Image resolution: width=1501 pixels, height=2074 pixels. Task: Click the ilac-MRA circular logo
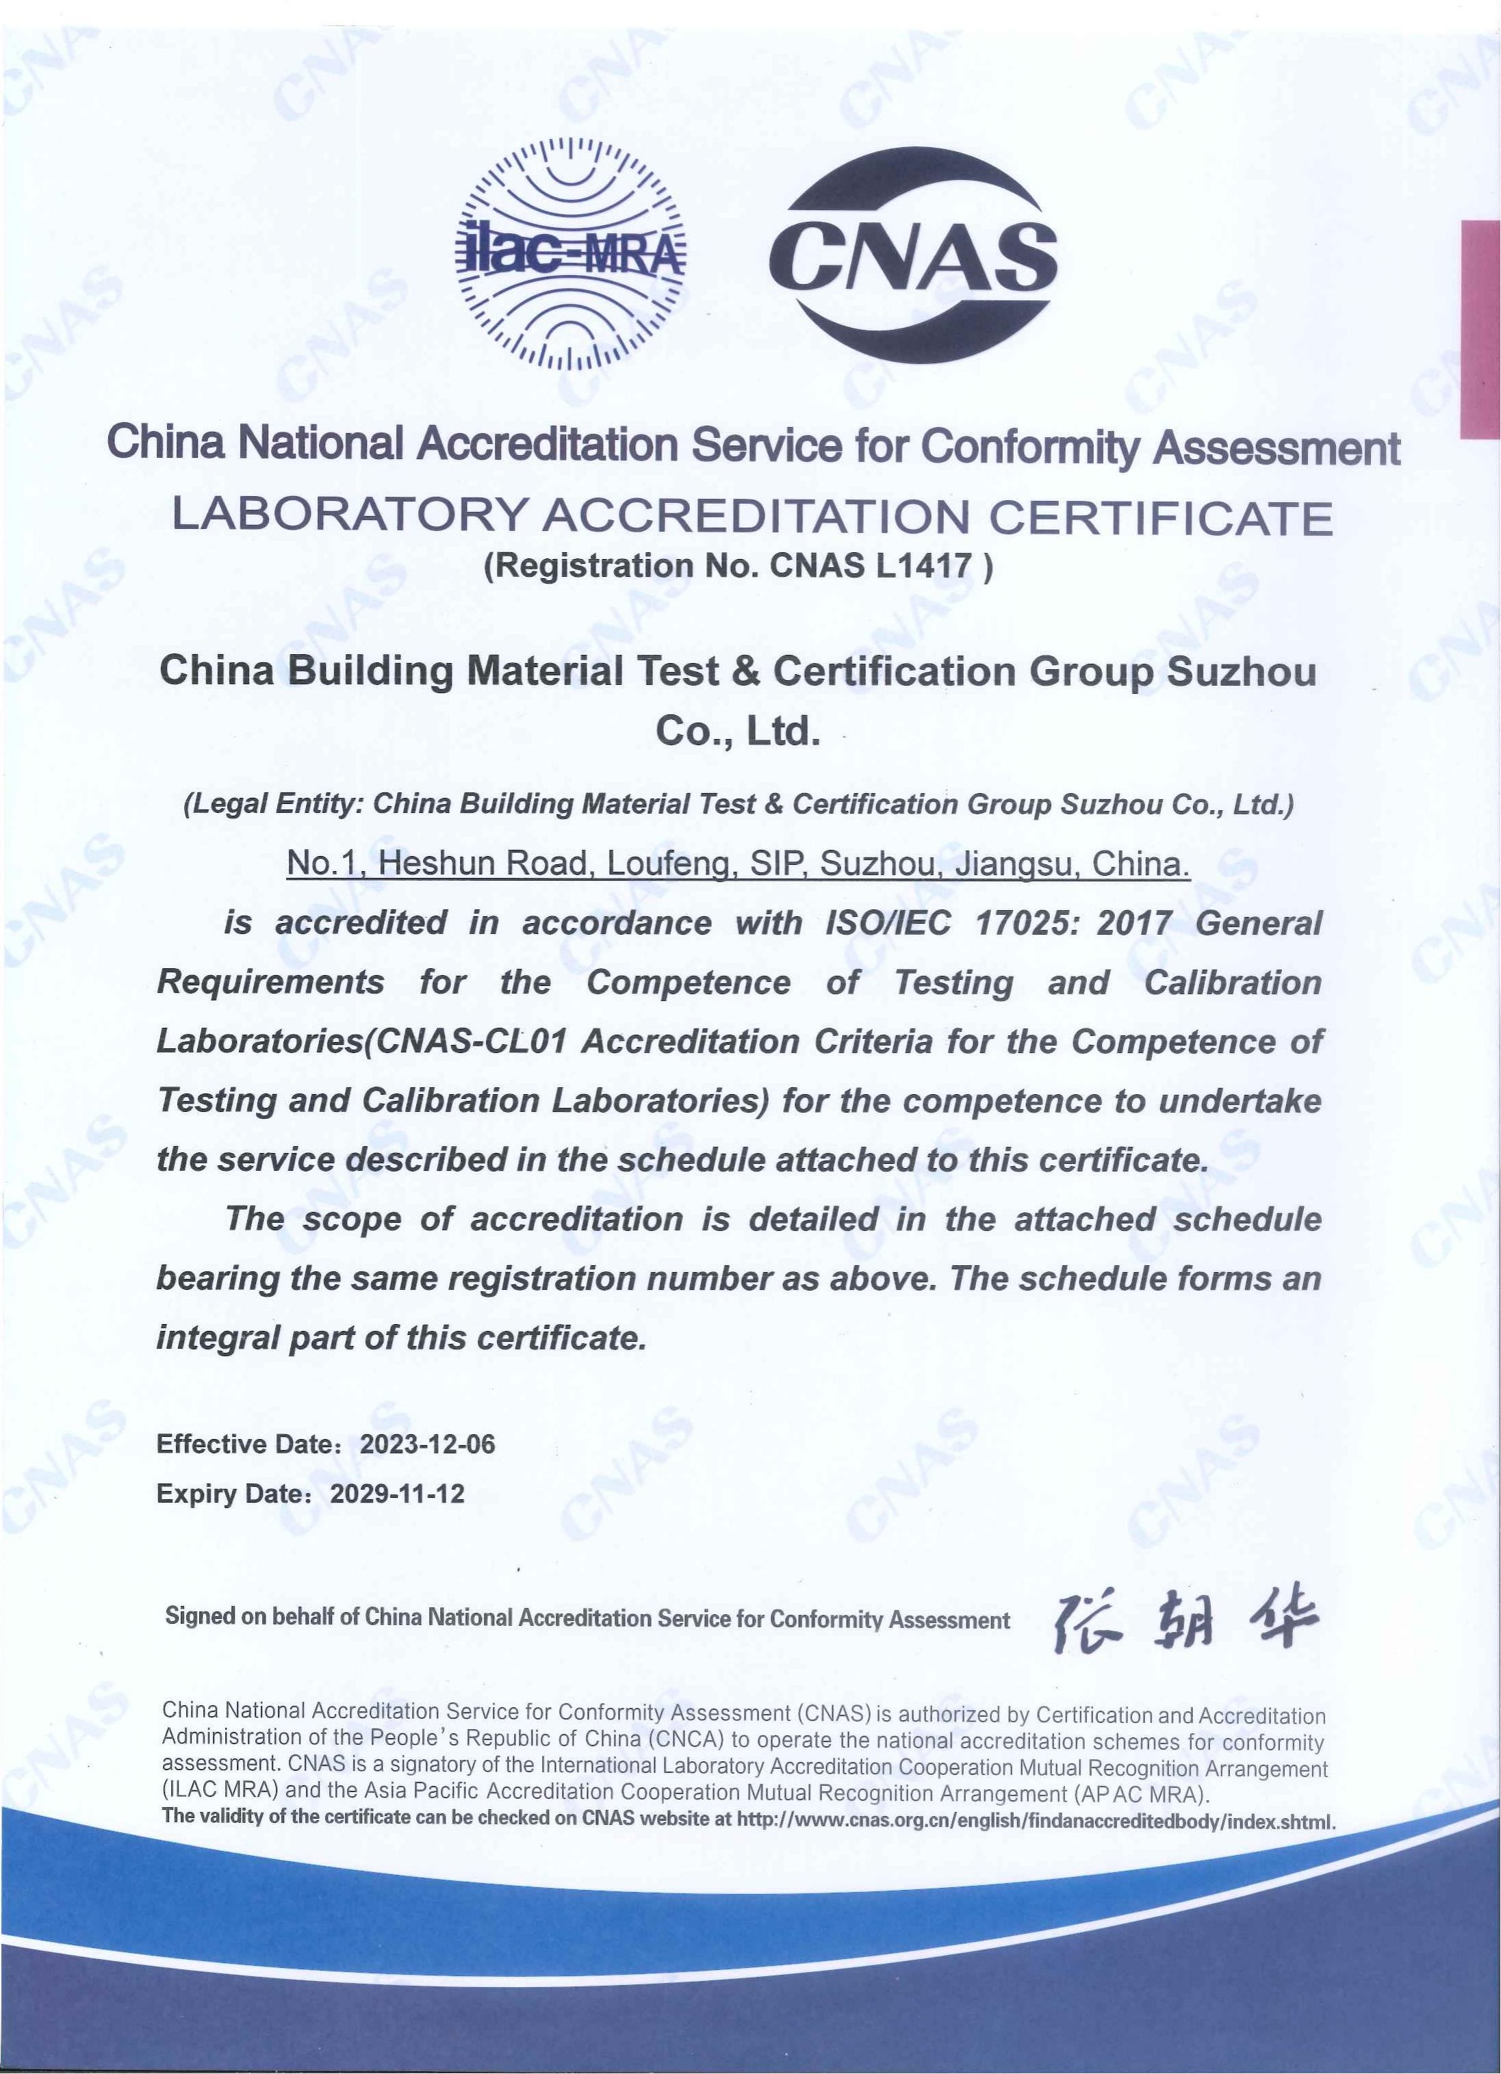click(571, 252)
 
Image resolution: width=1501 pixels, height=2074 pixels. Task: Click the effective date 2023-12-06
click(427, 1444)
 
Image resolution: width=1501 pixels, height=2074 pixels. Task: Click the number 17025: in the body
click(1028, 922)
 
